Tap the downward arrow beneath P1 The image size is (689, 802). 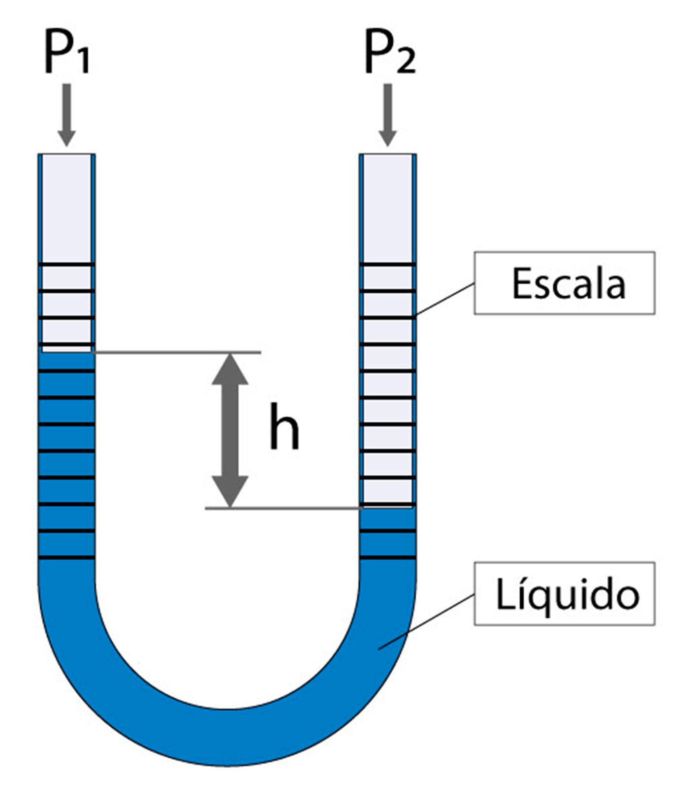(66, 116)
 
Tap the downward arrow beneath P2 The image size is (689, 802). (388, 116)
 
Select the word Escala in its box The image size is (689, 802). (568, 284)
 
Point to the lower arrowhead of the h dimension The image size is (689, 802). (229, 492)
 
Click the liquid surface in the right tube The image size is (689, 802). (388, 508)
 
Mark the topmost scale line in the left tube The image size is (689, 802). (66, 266)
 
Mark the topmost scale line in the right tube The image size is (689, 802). (388, 266)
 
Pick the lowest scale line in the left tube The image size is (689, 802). (66, 558)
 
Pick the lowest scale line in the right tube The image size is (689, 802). (388, 558)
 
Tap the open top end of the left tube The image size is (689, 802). (66, 155)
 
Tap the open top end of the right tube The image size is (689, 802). (388, 155)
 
